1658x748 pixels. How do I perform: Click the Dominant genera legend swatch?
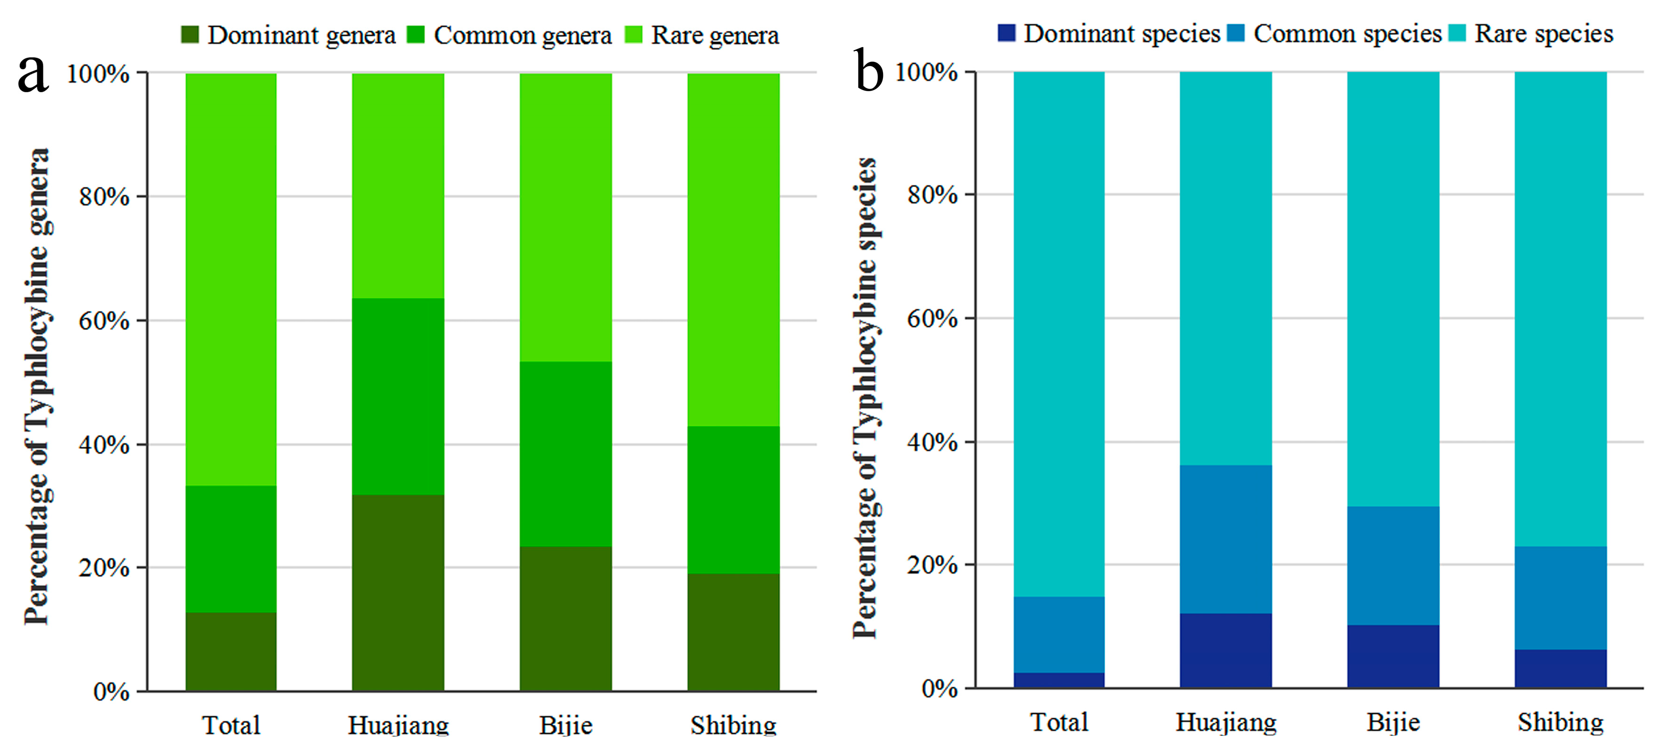tap(190, 35)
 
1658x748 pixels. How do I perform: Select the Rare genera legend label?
tap(715, 35)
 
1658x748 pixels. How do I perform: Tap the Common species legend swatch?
tap(1236, 33)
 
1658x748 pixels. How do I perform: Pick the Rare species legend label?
tap(1543, 34)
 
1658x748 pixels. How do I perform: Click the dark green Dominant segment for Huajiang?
tap(398, 592)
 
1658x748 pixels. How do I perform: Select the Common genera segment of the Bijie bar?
tap(566, 454)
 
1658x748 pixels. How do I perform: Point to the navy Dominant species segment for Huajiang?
tap(1225, 650)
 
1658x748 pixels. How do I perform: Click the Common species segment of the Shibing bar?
tap(1560, 597)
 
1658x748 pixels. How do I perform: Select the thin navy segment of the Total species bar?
tap(1059, 680)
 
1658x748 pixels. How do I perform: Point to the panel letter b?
tap(869, 71)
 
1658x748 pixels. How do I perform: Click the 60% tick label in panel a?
tap(104, 320)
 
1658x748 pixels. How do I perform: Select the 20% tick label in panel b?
tap(932, 565)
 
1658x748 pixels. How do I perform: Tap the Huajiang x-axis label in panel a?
tap(398, 725)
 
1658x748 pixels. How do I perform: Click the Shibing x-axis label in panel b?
tap(1560, 722)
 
